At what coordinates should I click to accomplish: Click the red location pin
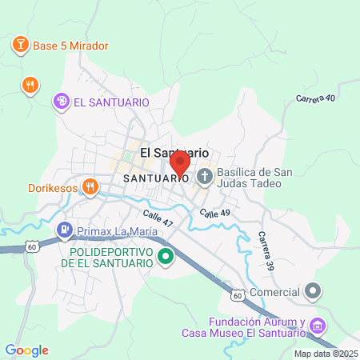179,162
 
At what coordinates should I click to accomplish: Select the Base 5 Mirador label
70,46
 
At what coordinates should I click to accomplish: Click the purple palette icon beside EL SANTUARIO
61,102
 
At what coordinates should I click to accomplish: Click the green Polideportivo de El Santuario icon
166,257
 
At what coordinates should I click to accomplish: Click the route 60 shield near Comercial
238,295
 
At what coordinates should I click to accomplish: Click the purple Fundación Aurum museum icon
318,326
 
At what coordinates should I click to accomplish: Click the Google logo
26,350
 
